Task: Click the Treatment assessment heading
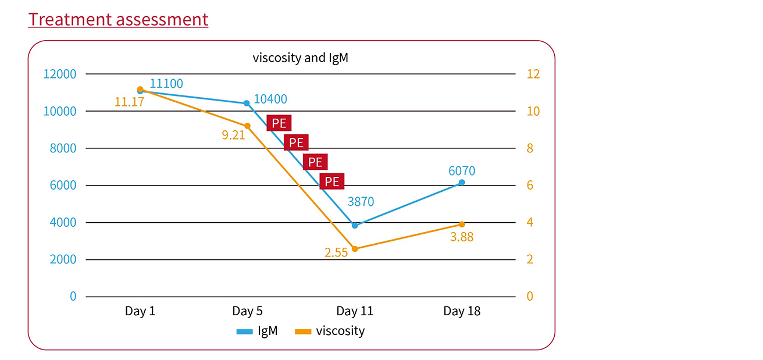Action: (118, 20)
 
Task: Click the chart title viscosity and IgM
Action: (300, 58)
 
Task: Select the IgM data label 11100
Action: (166, 84)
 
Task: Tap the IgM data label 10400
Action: (270, 99)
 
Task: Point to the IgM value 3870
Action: (361, 202)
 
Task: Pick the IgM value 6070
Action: (462, 171)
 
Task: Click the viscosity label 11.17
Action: (129, 102)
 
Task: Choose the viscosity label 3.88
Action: (463, 237)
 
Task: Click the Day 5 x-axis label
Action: (247, 311)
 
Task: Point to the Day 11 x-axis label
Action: (355, 311)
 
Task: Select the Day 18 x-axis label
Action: (462, 311)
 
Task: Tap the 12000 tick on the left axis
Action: (59, 74)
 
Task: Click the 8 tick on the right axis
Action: (530, 148)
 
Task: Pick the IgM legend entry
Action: (257, 332)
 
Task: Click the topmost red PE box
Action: (279, 123)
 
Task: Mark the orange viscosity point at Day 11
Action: (355, 249)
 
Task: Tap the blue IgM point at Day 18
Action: (462, 183)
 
